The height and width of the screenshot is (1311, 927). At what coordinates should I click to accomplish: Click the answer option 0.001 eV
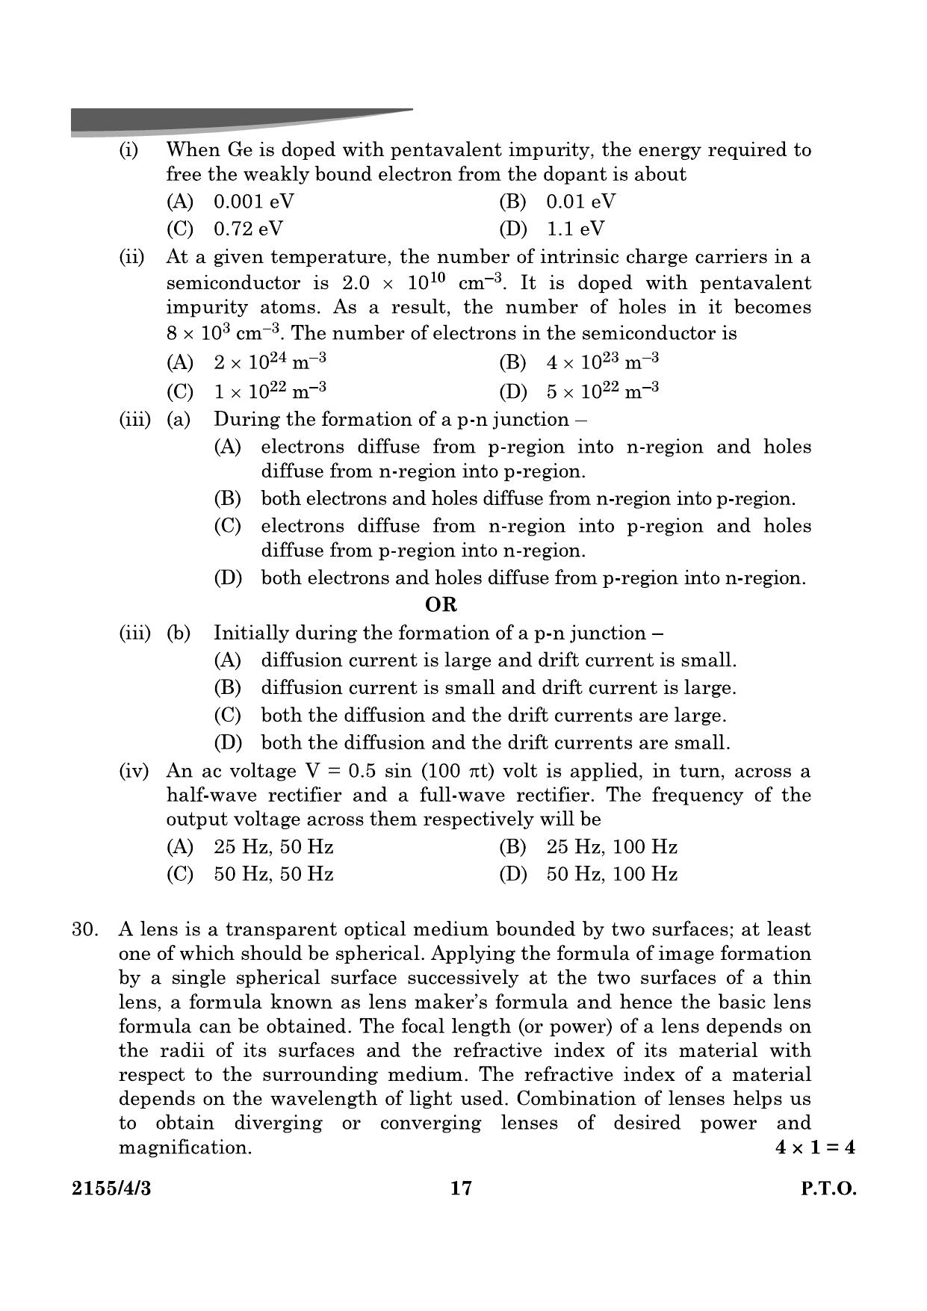point(253,202)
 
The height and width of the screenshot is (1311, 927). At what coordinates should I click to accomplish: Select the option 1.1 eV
point(574,229)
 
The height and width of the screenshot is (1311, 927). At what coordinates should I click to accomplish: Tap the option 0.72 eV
point(248,229)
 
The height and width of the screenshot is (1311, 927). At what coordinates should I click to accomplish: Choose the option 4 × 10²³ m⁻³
point(602,363)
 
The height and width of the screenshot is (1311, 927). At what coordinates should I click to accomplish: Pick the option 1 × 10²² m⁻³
point(270,391)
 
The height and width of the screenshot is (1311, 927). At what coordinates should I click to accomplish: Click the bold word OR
point(441,604)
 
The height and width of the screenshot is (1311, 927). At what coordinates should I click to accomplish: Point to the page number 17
point(462,1188)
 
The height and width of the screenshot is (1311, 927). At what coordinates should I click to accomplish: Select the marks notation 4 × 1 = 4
point(815,1147)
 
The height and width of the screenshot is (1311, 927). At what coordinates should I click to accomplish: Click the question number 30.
point(85,929)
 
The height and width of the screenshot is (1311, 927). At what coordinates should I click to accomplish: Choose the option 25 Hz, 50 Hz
point(273,847)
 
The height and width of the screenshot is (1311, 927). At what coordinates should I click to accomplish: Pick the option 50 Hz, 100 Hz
point(612,874)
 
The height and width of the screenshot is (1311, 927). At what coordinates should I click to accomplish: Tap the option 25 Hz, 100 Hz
point(612,847)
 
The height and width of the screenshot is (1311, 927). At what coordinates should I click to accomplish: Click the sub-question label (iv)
point(134,771)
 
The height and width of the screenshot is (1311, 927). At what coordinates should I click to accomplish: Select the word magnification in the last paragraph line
point(185,1147)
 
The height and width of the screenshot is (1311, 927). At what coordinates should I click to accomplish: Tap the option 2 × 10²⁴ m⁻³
point(270,363)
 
